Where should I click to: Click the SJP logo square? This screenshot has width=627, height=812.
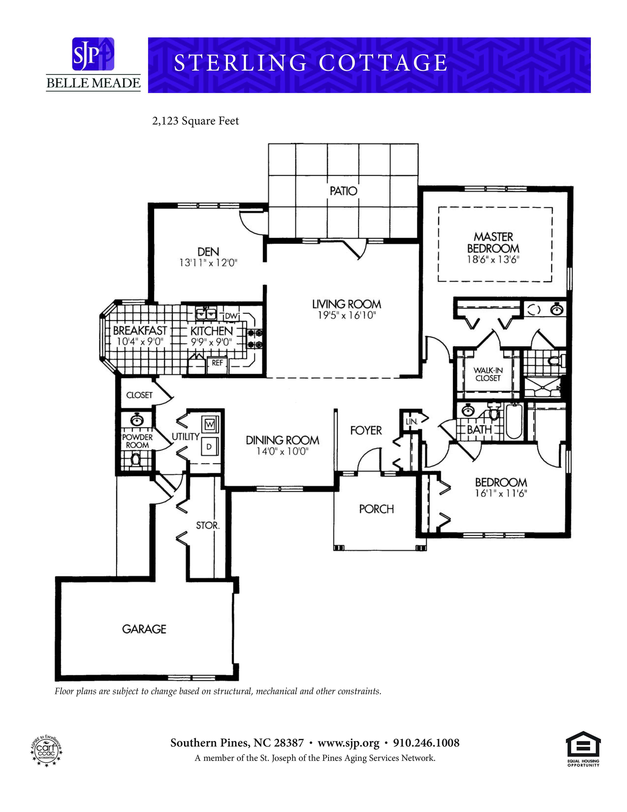point(93,54)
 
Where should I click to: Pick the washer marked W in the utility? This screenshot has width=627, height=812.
point(210,424)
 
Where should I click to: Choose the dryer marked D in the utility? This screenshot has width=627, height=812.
point(209,447)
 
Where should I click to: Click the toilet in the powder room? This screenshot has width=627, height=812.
point(136,460)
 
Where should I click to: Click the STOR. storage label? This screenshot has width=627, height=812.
point(208,525)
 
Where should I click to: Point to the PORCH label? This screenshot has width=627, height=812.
point(376,509)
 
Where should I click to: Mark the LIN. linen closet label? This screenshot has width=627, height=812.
point(412,421)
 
